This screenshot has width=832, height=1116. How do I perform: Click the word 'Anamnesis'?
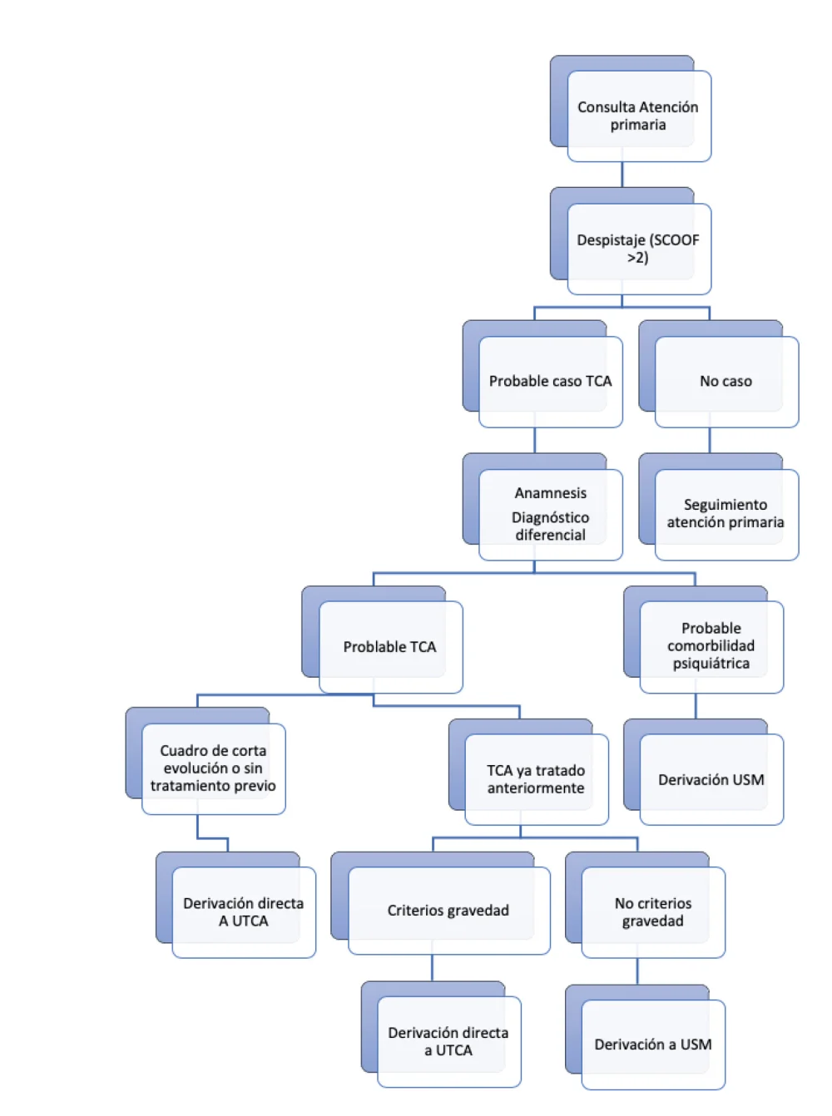(551, 493)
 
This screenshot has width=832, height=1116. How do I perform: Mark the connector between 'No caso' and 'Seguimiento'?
(710, 440)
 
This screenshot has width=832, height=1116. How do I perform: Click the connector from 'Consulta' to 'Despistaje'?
(622, 175)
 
